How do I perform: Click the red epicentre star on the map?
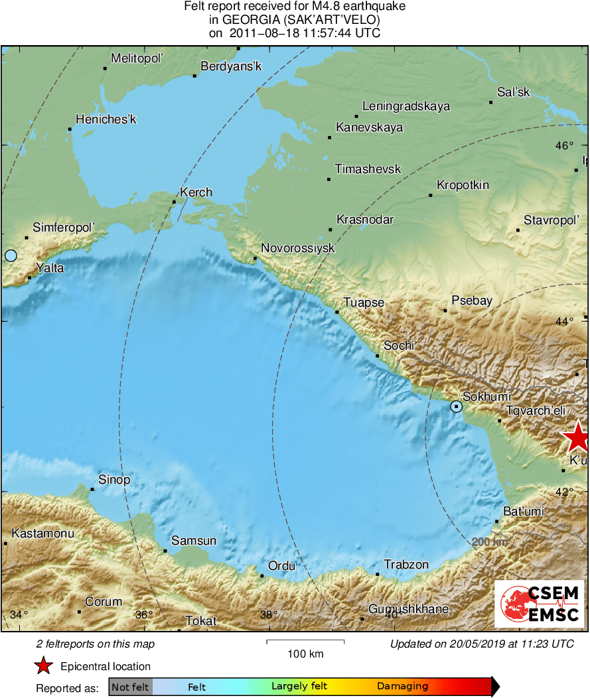click(577, 437)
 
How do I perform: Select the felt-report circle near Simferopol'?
click(11, 255)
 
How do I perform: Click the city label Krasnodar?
click(365, 220)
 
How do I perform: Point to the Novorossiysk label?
click(298, 248)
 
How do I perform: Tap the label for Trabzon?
click(406, 565)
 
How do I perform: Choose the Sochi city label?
click(399, 346)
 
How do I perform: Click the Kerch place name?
click(196, 192)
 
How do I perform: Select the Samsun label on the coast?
click(194, 541)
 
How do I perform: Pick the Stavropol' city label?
click(552, 220)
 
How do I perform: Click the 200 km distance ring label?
click(490, 542)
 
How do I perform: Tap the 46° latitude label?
click(565, 146)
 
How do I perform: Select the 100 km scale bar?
click(305, 642)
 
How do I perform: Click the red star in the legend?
click(44, 666)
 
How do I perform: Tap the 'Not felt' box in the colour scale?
click(131, 687)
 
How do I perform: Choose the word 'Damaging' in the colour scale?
click(402, 687)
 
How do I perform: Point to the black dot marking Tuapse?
click(337, 312)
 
